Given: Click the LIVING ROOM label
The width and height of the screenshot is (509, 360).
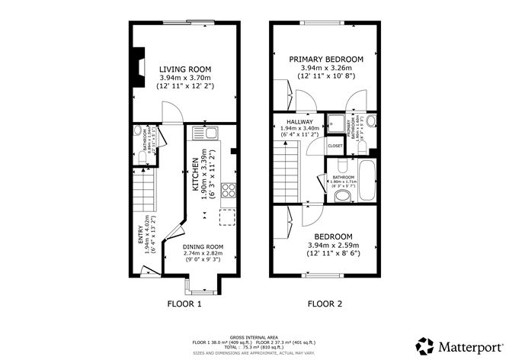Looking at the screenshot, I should coord(185,69).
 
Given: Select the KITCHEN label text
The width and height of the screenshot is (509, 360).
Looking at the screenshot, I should coord(195,176).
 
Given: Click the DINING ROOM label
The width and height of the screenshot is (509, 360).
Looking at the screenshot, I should coord(203,247).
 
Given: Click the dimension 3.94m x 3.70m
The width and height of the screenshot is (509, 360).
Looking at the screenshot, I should coord(184,78).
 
